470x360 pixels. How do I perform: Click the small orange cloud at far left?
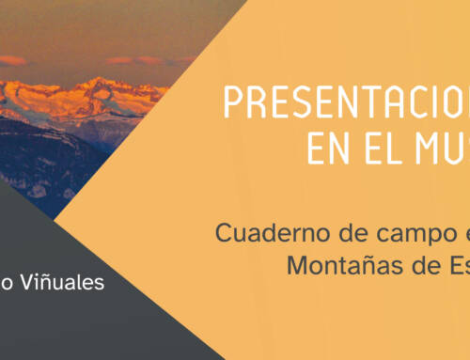pos(11,60)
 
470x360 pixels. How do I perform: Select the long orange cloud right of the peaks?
pos(141,60)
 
